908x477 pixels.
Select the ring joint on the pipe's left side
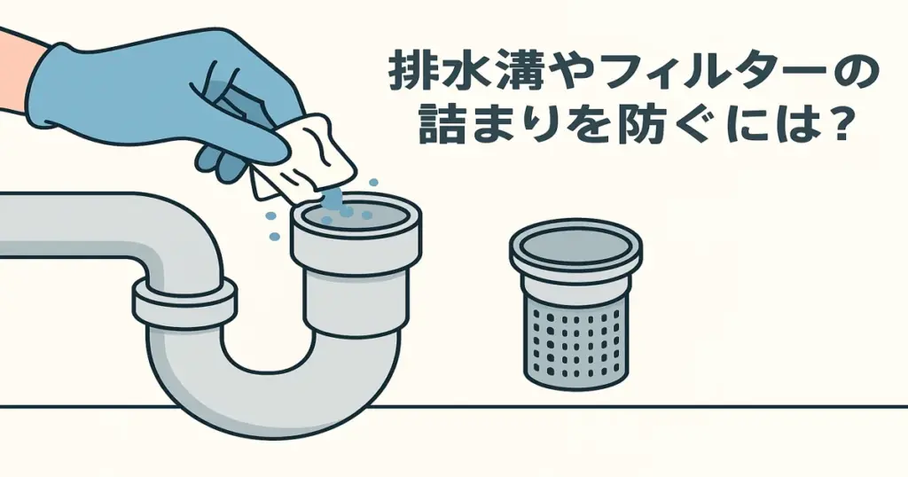184,302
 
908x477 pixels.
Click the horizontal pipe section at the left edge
53,226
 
